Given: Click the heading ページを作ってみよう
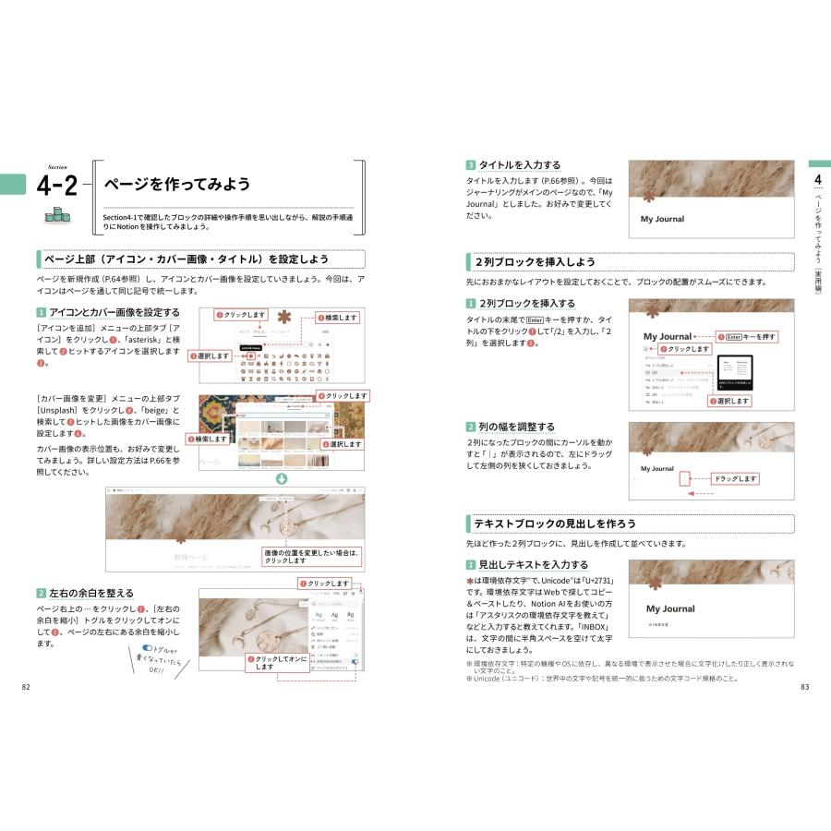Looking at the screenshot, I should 177,184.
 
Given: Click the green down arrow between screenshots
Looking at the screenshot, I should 282,478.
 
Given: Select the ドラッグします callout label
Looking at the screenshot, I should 735,479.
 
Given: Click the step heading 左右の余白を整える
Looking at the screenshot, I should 90,593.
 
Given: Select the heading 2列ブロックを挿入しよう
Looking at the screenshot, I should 536,262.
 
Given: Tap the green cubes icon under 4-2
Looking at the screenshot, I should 57,215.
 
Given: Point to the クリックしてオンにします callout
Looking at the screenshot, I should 274,663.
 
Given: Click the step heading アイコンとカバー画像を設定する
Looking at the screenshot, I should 114,312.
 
